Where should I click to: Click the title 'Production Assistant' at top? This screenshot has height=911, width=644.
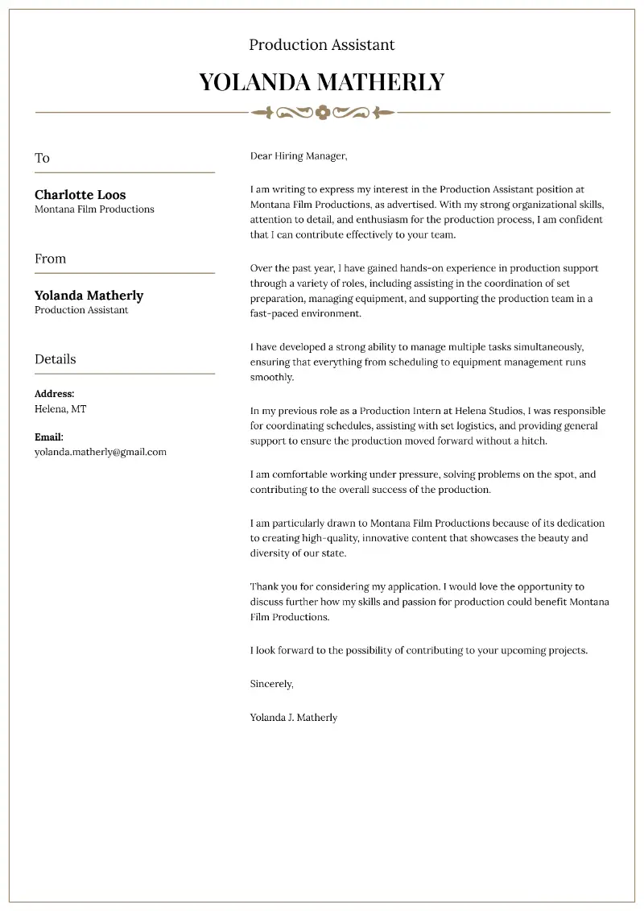(x=322, y=45)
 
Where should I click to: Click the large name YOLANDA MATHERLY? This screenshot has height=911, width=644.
(x=322, y=82)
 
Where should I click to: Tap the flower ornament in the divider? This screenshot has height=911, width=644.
(x=323, y=112)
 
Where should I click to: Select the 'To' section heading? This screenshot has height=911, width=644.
(x=42, y=158)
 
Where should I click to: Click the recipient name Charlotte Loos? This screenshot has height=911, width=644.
(x=80, y=195)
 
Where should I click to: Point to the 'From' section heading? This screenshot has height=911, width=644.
(x=50, y=259)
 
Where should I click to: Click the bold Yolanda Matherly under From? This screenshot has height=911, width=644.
(x=89, y=296)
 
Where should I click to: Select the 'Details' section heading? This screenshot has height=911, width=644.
(x=55, y=359)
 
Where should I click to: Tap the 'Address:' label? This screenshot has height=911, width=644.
(x=54, y=394)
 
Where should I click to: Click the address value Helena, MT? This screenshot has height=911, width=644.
(x=60, y=409)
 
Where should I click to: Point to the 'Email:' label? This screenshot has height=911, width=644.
(x=48, y=437)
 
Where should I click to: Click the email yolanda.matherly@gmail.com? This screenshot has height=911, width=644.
(x=100, y=452)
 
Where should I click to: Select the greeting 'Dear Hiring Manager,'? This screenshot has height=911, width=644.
(x=298, y=155)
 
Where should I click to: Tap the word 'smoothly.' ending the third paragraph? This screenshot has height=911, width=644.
(x=272, y=377)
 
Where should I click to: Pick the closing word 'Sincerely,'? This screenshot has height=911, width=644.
(x=271, y=684)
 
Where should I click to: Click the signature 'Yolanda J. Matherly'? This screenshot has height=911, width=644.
(x=293, y=717)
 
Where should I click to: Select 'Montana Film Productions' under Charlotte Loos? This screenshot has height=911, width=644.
(x=94, y=209)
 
